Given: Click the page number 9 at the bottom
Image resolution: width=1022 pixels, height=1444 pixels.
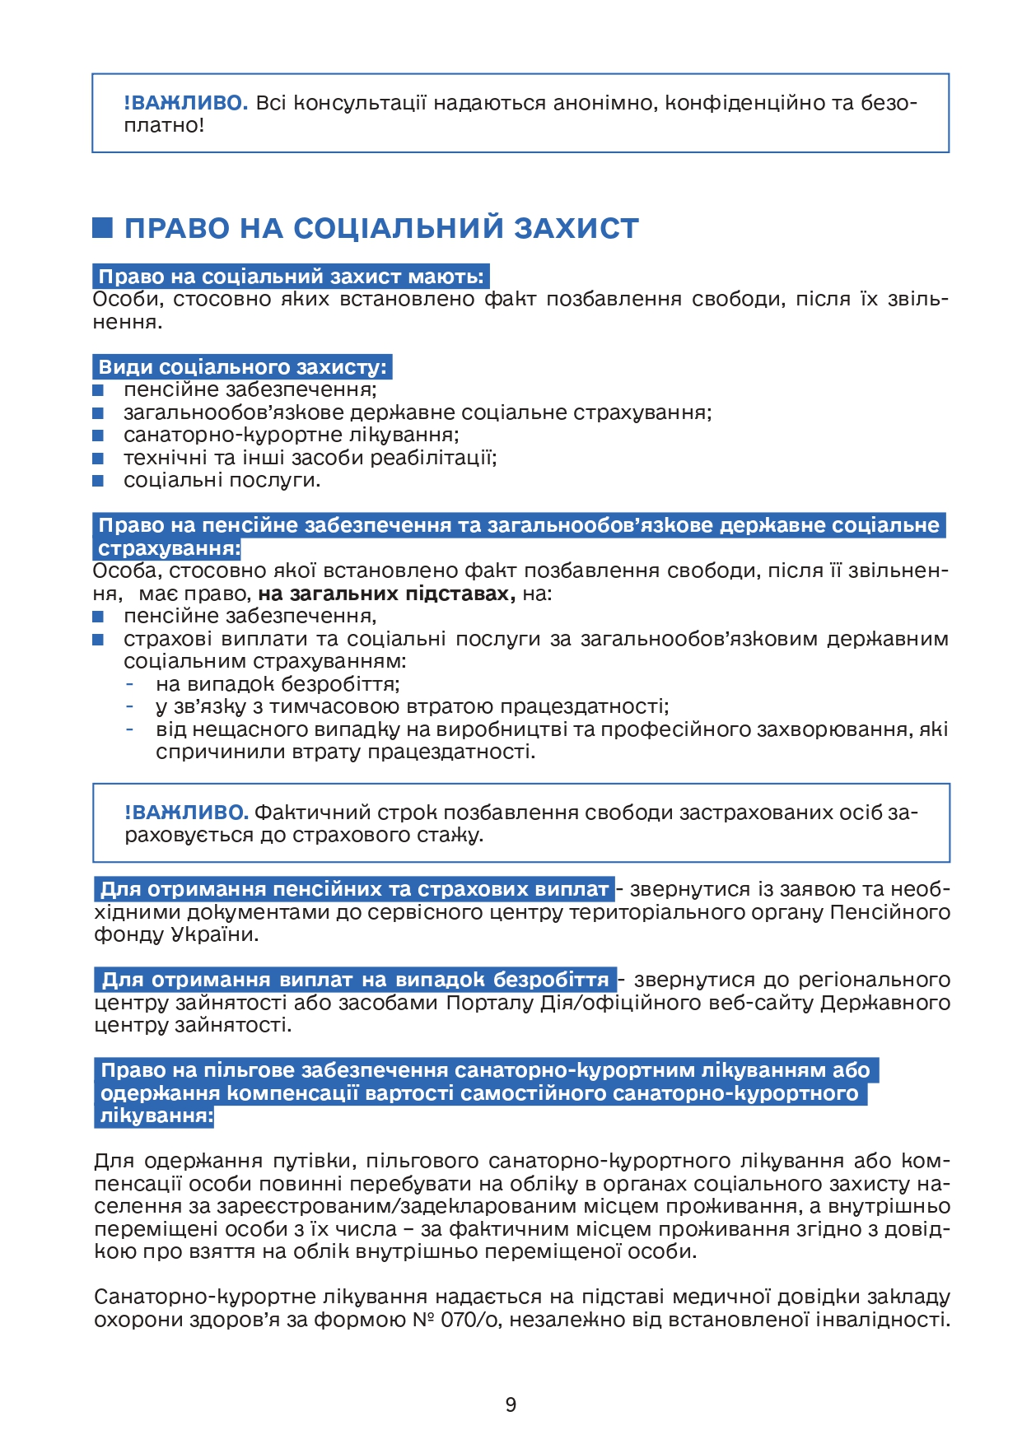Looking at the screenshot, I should click(511, 1404).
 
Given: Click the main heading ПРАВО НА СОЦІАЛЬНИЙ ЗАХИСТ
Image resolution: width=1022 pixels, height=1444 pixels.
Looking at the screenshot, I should click(381, 228).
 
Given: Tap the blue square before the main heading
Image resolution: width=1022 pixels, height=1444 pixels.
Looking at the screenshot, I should click(102, 228).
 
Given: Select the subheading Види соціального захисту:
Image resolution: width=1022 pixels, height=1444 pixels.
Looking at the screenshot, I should click(242, 367).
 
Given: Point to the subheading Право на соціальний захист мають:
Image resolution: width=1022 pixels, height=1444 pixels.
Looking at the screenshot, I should click(291, 277).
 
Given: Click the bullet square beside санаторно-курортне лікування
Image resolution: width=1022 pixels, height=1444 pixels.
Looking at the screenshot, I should click(98, 436).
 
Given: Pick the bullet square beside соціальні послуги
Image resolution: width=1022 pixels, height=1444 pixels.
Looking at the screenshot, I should click(98, 481).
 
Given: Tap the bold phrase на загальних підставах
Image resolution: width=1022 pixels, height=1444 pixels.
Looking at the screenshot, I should click(386, 594).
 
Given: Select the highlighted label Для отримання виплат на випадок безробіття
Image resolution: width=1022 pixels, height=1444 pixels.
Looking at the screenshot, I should click(355, 980).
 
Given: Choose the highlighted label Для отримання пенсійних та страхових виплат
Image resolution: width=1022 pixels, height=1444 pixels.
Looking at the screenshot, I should click(354, 889).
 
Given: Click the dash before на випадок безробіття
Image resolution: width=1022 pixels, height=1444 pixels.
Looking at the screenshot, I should click(130, 684).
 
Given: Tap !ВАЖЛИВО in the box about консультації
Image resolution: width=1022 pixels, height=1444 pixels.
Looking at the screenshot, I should click(186, 103).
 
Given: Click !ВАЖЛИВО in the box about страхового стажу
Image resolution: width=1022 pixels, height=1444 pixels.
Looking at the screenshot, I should click(186, 813).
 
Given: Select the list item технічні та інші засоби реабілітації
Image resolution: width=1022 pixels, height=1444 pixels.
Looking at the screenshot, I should click(310, 458).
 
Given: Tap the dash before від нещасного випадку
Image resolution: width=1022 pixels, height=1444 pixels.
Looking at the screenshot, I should click(130, 729).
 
